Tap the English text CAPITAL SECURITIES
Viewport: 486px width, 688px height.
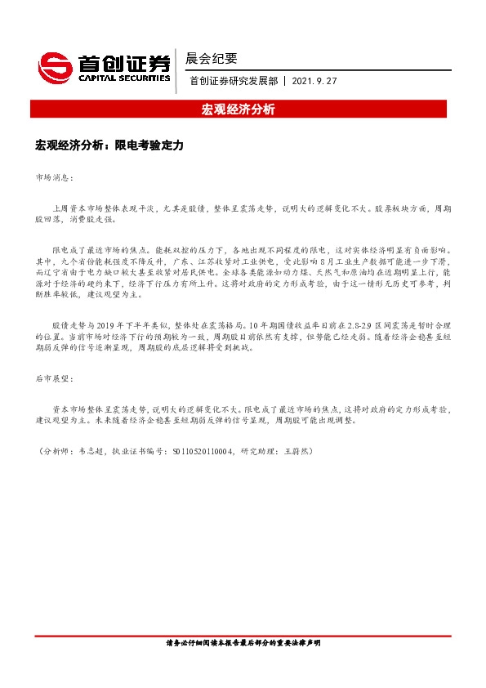pyautogui.click(x=124, y=78)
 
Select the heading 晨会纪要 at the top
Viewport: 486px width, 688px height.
pyautogui.click(x=212, y=59)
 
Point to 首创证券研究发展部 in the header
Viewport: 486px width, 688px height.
pyautogui.click(x=234, y=81)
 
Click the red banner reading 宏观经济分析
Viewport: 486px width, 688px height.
pyautogui.click(x=243, y=109)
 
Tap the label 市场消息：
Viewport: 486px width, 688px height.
pyautogui.click(x=54, y=176)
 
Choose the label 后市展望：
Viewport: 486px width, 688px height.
pyautogui.click(x=54, y=379)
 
